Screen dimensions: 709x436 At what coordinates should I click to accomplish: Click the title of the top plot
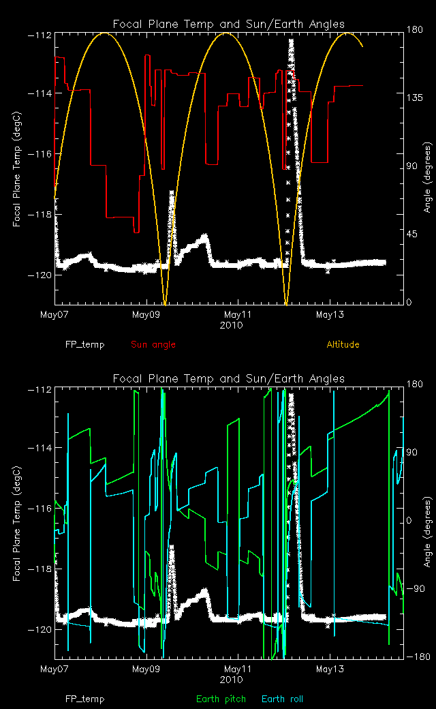pyautogui.click(x=228, y=24)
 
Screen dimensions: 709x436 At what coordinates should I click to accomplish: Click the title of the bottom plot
pyautogui.click(x=228, y=378)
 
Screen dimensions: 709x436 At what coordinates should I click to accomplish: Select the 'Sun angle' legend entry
pyautogui.click(x=153, y=344)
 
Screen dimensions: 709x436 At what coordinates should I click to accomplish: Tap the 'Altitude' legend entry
pyautogui.click(x=343, y=344)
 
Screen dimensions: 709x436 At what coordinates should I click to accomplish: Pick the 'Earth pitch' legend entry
pyautogui.click(x=219, y=699)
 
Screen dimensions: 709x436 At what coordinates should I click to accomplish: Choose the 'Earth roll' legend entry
pyautogui.click(x=282, y=699)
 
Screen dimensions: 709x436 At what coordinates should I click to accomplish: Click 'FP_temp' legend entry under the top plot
pyautogui.click(x=85, y=344)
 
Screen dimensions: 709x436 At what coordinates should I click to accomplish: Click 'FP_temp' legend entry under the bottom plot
pyautogui.click(x=85, y=699)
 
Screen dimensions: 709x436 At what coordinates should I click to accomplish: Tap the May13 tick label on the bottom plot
pyautogui.click(x=330, y=669)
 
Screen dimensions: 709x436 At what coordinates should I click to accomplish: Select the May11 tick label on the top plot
pyautogui.click(x=238, y=315)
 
